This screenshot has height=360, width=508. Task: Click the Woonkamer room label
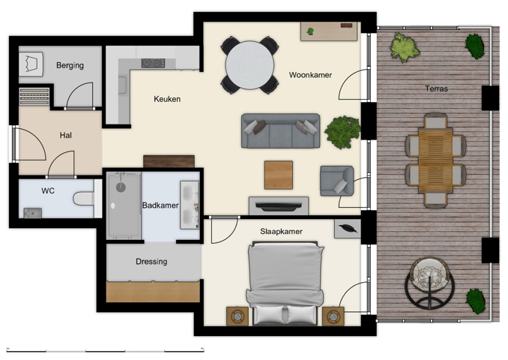tap(310, 75)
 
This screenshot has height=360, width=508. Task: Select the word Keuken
tap(167, 99)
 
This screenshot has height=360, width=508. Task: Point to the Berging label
tap(70, 65)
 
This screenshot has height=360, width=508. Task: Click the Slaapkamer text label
tap(281, 231)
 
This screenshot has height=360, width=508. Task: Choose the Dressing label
tap(151, 262)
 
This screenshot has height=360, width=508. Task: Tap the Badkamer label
tap(160, 204)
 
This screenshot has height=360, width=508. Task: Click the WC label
tap(48, 190)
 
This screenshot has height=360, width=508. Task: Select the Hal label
tap(66, 136)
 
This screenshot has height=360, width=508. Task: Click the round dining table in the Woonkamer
tap(250, 65)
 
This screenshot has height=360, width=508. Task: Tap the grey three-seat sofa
tap(280, 131)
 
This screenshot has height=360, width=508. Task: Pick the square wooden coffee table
tap(278, 175)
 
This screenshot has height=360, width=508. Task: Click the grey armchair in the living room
tap(336, 180)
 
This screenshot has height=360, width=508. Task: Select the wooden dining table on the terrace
tap(435, 158)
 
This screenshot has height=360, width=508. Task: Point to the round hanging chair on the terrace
tap(428, 283)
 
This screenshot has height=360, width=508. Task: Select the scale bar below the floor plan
tap(105, 350)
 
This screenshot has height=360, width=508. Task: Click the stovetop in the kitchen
tap(153, 63)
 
